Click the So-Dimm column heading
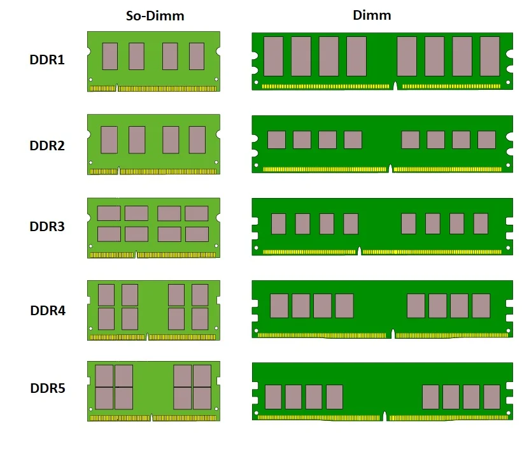pos(155,15)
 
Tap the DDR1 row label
pos(47,60)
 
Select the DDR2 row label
pos(47,146)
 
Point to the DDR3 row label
pos(47,227)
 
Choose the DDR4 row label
pos(47,311)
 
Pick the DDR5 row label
pos(47,388)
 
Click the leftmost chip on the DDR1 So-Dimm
pos(109,56)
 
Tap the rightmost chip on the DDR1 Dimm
pos(490,56)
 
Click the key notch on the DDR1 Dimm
pos(395,86)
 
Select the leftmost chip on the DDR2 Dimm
pos(276,139)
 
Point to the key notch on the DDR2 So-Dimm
pos(119,171)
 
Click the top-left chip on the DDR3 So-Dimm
pos(109,213)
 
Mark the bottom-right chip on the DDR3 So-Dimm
pos(197,234)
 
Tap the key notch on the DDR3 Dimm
pos(360,252)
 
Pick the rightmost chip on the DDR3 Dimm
pos(481,223)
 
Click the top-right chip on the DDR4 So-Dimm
pos(200,294)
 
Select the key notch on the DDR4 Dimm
pos(393,334)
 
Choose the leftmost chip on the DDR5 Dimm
pos(273,397)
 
